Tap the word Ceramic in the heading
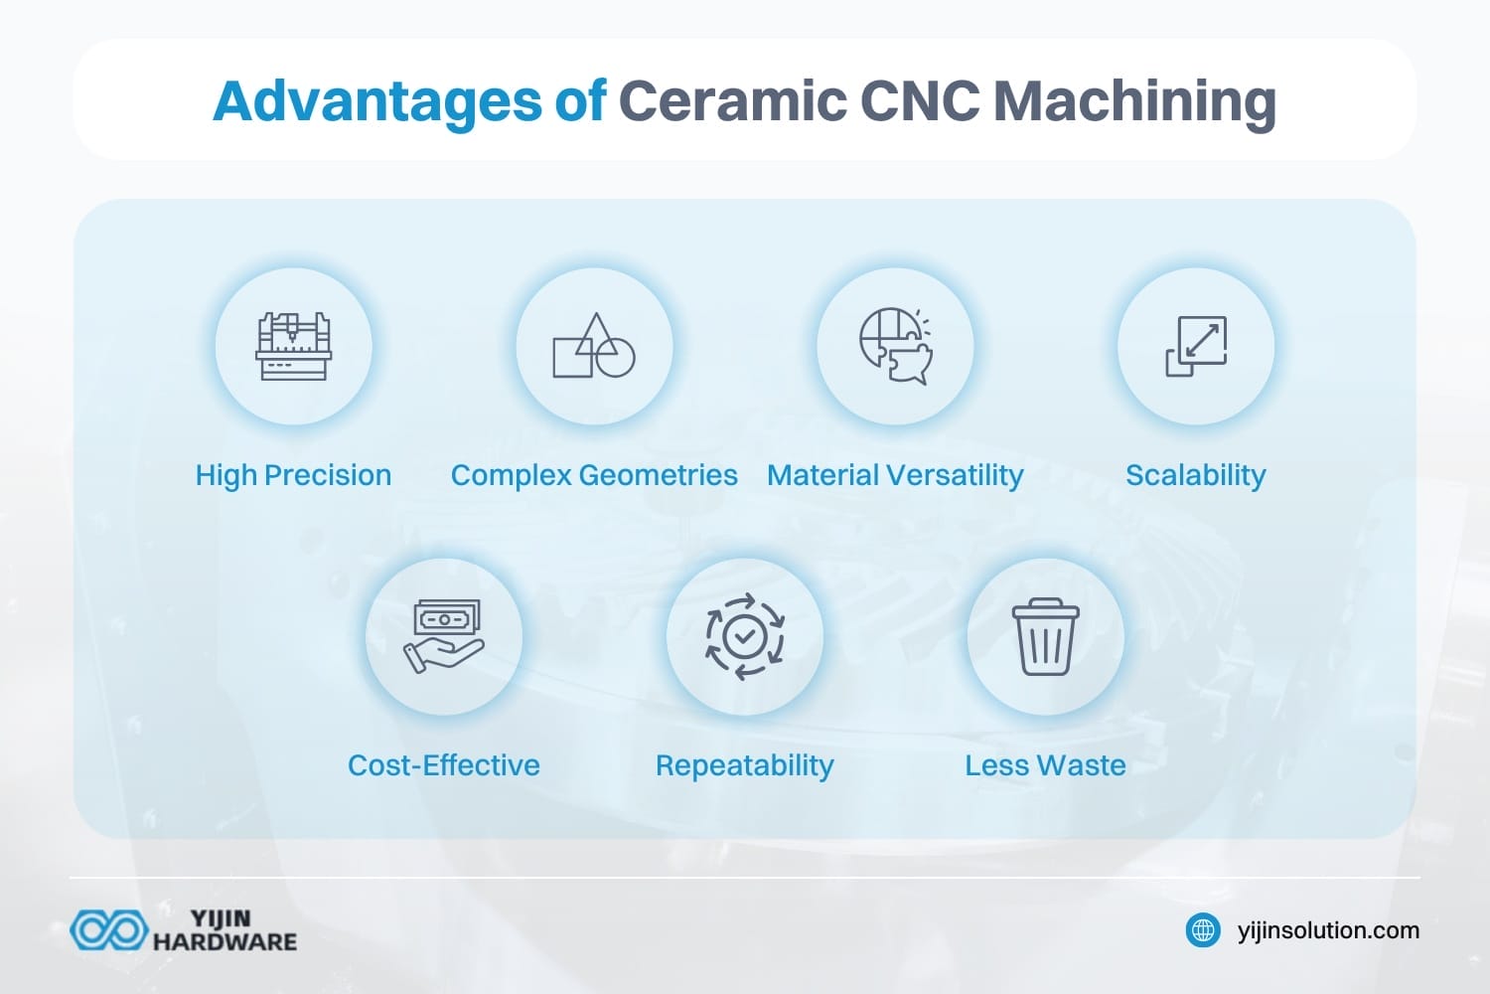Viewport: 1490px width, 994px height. (x=730, y=101)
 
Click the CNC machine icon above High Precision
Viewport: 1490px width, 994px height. (x=293, y=346)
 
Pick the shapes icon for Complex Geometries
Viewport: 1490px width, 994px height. (x=594, y=346)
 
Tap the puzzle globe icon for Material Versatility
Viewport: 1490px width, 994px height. (x=895, y=346)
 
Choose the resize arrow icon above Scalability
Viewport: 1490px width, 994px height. (x=1196, y=346)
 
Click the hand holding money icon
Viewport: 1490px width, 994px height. (x=443, y=636)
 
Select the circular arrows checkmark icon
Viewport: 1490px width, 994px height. (x=745, y=636)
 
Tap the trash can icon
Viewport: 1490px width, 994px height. (x=1045, y=636)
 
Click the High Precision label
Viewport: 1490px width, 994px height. (x=293, y=475)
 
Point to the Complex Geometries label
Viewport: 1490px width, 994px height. (x=594, y=475)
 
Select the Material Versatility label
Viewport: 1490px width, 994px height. (x=895, y=475)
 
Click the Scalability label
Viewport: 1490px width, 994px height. (x=1196, y=475)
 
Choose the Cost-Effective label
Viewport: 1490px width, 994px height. (x=443, y=765)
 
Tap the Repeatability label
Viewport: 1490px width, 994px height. (x=745, y=765)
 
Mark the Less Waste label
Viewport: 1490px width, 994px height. (x=1045, y=765)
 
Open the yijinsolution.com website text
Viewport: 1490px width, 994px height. (x=1328, y=930)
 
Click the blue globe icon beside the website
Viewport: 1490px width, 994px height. (x=1203, y=930)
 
